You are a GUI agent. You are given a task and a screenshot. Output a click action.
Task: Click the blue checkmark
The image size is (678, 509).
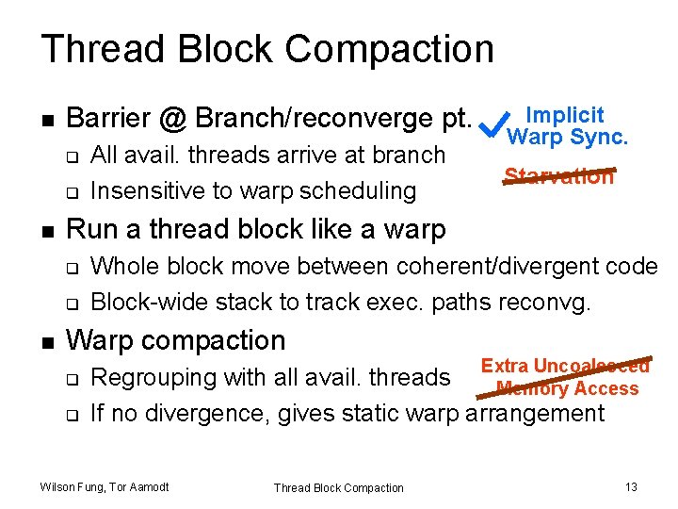coord(489,122)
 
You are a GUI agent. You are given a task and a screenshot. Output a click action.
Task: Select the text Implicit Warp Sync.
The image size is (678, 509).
coord(566,126)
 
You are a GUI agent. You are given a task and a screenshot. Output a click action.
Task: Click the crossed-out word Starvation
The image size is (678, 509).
coord(558,176)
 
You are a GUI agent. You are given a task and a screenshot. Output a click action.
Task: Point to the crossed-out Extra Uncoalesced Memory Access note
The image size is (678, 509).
coord(566,377)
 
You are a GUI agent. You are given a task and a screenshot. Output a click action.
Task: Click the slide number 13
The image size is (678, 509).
coord(631,486)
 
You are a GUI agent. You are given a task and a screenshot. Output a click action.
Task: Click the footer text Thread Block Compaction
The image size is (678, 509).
coord(338,487)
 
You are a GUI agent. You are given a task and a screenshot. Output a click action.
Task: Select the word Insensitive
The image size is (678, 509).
coord(138,190)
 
